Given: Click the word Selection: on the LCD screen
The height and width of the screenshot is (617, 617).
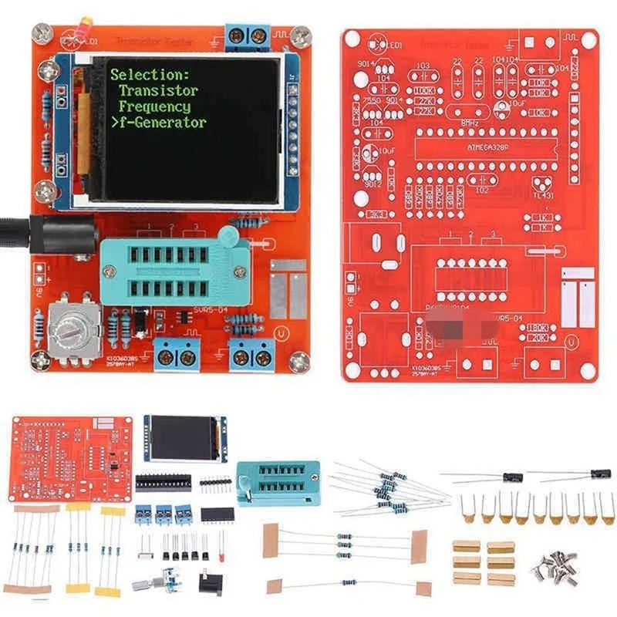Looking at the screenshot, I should click(149, 75).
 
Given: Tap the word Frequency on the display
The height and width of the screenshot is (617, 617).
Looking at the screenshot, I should click(154, 106).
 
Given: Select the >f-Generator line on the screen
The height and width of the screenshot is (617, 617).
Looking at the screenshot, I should click(158, 123).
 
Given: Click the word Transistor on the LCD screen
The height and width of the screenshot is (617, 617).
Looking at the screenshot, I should click(158, 91).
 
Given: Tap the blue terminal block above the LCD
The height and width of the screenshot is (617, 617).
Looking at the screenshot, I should click(248, 36).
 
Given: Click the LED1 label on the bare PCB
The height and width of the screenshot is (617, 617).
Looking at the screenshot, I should click(393, 46).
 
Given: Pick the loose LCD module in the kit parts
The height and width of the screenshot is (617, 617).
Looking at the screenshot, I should click(185, 438).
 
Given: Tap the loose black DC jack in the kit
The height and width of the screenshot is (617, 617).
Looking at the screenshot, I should click(211, 582).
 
